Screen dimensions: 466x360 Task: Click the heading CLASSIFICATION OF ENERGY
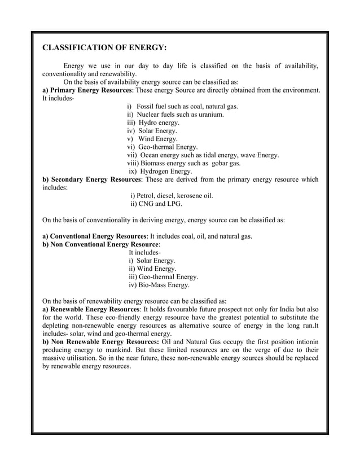pos(104,47)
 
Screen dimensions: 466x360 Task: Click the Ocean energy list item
pos(203,155)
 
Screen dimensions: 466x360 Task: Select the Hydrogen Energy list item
pos(160,171)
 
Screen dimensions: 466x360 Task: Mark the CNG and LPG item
pos(156,204)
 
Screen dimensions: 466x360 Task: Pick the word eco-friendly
pos(100,317)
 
